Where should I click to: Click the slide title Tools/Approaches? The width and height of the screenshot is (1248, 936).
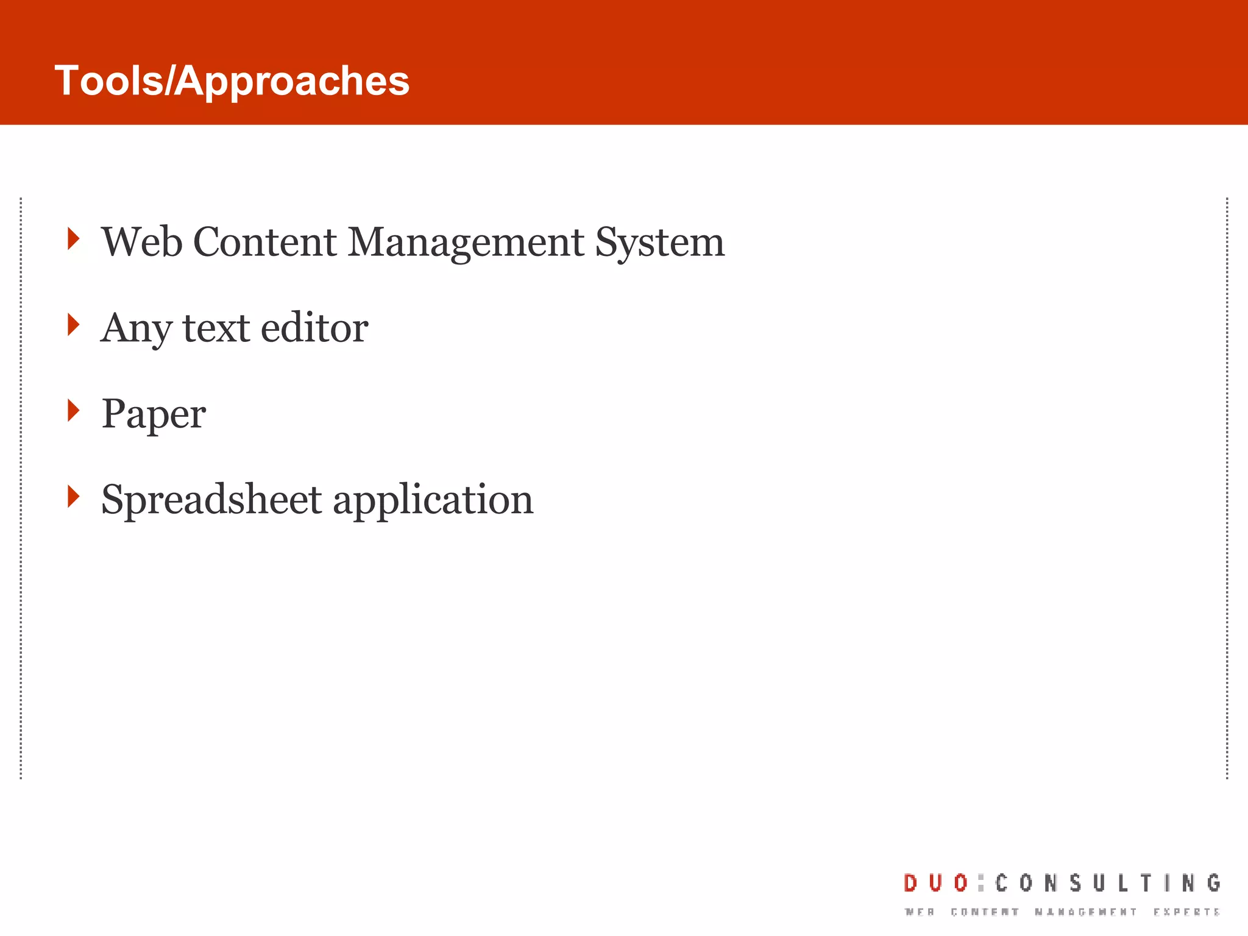[232, 80]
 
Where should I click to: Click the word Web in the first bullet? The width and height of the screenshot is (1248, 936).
[141, 242]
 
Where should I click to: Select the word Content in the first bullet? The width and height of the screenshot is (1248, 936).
[264, 242]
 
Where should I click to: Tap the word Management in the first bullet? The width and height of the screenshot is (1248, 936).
[466, 242]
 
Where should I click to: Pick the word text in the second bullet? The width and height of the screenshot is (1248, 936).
[216, 328]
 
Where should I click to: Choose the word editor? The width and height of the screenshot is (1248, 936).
[314, 328]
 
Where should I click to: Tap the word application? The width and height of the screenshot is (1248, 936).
[433, 500]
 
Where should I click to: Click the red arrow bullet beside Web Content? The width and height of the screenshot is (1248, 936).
[73, 238]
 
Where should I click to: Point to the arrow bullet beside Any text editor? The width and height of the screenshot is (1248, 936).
[73, 324]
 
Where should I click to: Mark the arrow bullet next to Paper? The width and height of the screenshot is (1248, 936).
[73, 410]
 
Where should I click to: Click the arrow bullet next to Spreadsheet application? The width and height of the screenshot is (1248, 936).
[73, 496]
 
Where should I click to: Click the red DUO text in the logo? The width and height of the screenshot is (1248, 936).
[935, 883]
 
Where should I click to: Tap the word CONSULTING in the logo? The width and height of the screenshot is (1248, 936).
[1108, 883]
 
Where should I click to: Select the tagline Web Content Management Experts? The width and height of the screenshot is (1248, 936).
[1062, 912]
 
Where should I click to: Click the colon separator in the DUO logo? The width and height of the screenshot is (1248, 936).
[980, 883]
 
